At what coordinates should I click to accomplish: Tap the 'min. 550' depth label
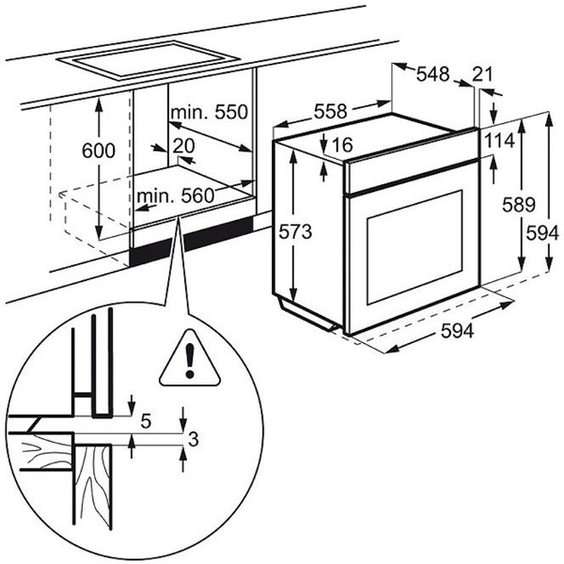pos(209,113)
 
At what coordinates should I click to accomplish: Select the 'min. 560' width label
pos(174,196)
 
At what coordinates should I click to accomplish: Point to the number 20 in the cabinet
pos(182,146)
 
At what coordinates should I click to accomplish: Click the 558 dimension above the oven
pos(330,111)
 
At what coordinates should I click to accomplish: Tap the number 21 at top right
pos(483,73)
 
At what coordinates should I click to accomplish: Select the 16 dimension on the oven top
pos(341,144)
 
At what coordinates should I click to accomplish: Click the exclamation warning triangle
pos(190,361)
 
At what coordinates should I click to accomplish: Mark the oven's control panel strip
pos(412,169)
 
